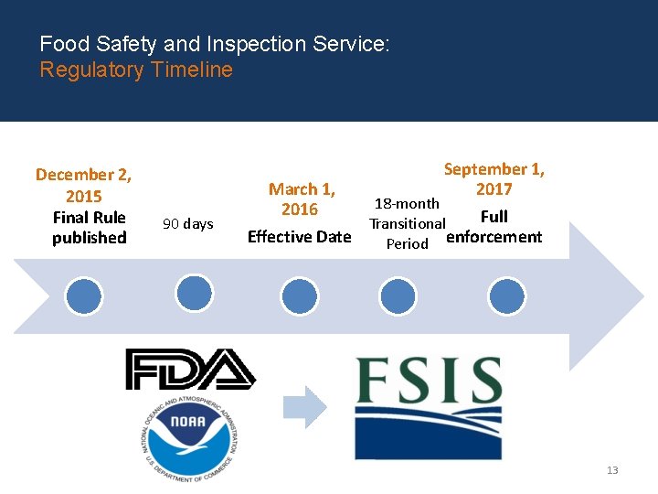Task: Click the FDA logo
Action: pos(190,370)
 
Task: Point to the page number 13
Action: pos(611,470)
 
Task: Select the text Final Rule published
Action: pos(89,228)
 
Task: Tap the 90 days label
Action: pos(187,224)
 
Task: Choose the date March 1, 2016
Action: pos(302,199)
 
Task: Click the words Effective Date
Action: pos(300,237)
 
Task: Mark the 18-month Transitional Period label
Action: pos(407,223)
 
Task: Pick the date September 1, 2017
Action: pos(493,179)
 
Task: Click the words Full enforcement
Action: pos(493,228)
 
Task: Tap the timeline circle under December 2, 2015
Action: pos(84,296)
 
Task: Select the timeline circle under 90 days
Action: pos(194,293)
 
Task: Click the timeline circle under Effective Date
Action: pos(300,296)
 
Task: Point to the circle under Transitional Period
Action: pos(398,296)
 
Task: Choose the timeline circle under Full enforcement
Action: pos(506,296)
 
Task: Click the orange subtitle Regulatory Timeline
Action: pos(136,70)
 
